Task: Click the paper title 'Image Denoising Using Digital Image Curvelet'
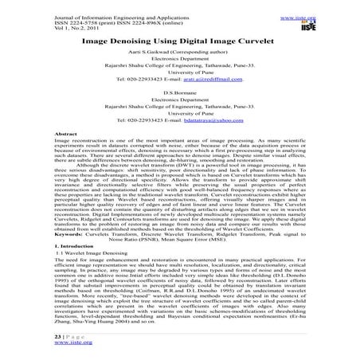[179, 38]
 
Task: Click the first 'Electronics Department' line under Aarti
[179, 61]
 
